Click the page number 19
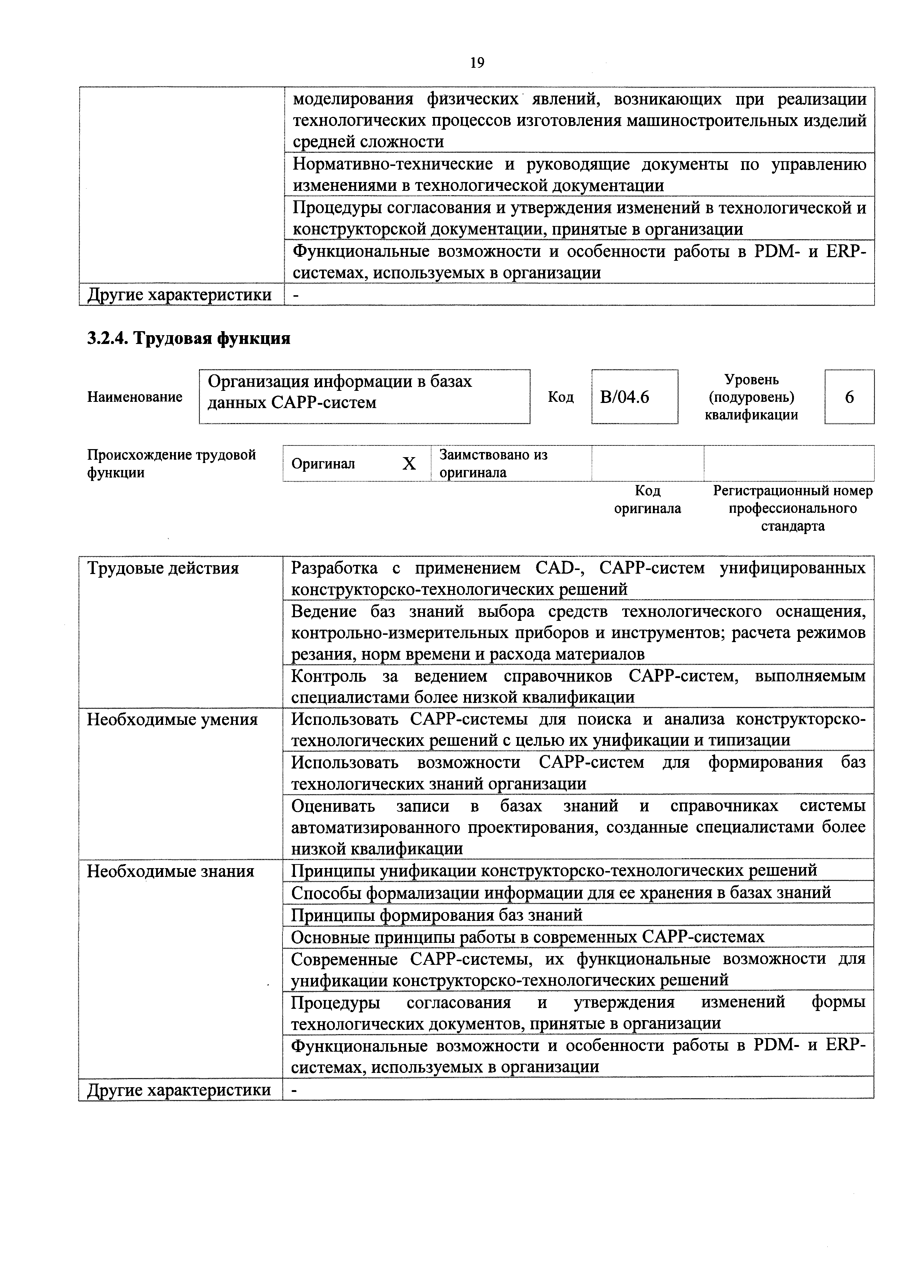(477, 63)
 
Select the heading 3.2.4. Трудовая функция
(189, 338)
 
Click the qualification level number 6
(849, 397)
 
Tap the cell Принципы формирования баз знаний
(437, 915)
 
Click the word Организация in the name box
(258, 382)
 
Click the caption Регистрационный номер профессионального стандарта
(792, 508)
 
